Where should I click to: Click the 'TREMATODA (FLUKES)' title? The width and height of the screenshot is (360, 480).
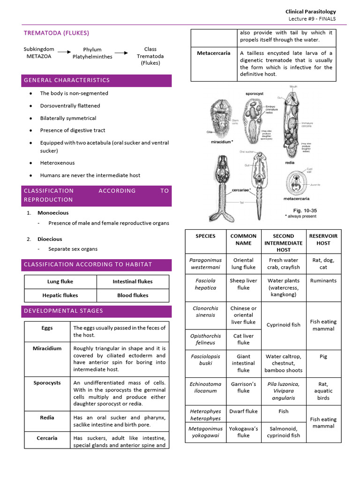pyautogui.click(x=56, y=33)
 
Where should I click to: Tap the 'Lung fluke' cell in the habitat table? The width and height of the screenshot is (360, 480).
pyautogui.click(x=60, y=282)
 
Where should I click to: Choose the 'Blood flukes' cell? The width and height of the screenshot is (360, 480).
pyautogui.click(x=133, y=295)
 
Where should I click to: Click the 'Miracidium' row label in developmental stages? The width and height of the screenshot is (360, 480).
pyautogui.click(x=47, y=348)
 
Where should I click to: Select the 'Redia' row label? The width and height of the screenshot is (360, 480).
pyautogui.click(x=47, y=418)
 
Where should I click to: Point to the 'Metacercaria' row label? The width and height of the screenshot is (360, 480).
pyautogui.click(x=213, y=53)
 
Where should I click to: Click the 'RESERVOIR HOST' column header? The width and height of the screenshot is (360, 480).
pyautogui.click(x=323, y=240)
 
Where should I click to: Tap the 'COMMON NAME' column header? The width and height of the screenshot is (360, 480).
pyautogui.click(x=243, y=240)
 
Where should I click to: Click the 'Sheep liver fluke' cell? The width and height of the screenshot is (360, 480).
pyautogui.click(x=243, y=284)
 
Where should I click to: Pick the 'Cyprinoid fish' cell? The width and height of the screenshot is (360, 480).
pyautogui.click(x=283, y=325)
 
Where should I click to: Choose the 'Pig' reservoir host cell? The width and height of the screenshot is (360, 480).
pyautogui.click(x=323, y=356)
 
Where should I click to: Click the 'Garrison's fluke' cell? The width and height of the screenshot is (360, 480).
pyautogui.click(x=243, y=387)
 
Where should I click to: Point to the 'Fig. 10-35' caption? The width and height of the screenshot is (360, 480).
pyautogui.click(x=300, y=210)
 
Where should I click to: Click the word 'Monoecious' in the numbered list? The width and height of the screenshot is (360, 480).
pyautogui.click(x=50, y=213)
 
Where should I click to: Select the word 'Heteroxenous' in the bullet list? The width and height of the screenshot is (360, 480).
pyautogui.click(x=57, y=163)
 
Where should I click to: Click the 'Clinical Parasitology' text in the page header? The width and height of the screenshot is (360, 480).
pyautogui.click(x=310, y=11)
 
